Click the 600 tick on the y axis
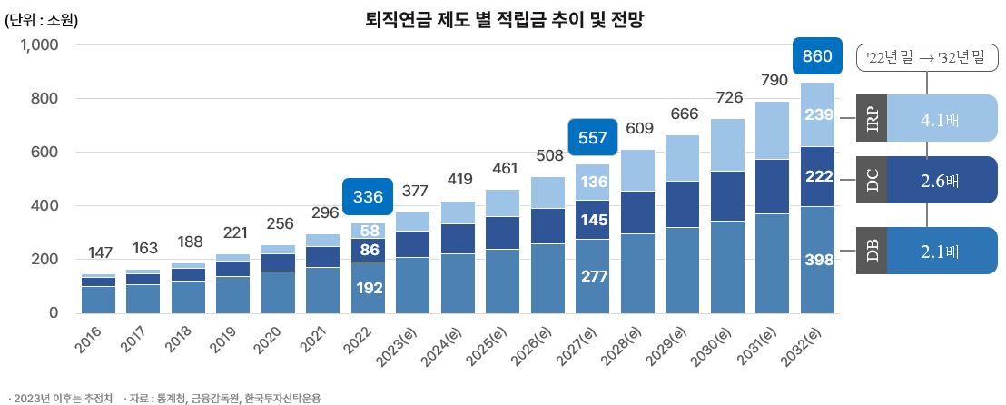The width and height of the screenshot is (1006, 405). (45, 153)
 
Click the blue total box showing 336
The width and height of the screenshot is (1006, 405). (368, 196)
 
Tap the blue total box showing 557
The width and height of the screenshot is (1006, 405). (593, 138)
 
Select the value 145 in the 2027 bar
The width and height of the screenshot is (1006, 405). (593, 220)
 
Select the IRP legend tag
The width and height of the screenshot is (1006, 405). (872, 118)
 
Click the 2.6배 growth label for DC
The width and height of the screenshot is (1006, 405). (940, 180)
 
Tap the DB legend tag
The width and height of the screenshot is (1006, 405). (872, 251)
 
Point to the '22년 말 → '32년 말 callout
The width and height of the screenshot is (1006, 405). (926, 59)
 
